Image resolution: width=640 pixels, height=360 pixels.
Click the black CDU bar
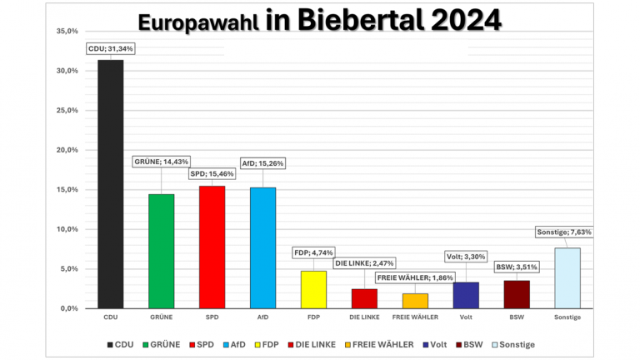click(x=110, y=184)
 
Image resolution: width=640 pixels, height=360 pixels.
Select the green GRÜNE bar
click(x=161, y=251)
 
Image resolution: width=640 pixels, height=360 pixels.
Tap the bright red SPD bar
click(x=212, y=247)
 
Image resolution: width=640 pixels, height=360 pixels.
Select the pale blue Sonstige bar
click(x=567, y=277)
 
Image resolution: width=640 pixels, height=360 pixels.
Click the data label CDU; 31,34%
click(x=111, y=49)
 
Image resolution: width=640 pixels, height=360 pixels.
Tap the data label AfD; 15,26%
click(x=262, y=163)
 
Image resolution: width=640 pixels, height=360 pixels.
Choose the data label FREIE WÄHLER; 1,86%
click(x=414, y=277)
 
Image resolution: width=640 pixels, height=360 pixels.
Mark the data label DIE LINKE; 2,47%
click(x=365, y=263)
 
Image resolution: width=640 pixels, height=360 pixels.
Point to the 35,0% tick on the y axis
click(x=66, y=31)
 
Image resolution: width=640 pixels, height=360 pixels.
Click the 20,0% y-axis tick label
click(x=66, y=150)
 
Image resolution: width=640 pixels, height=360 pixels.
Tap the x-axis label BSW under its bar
click(x=517, y=317)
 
